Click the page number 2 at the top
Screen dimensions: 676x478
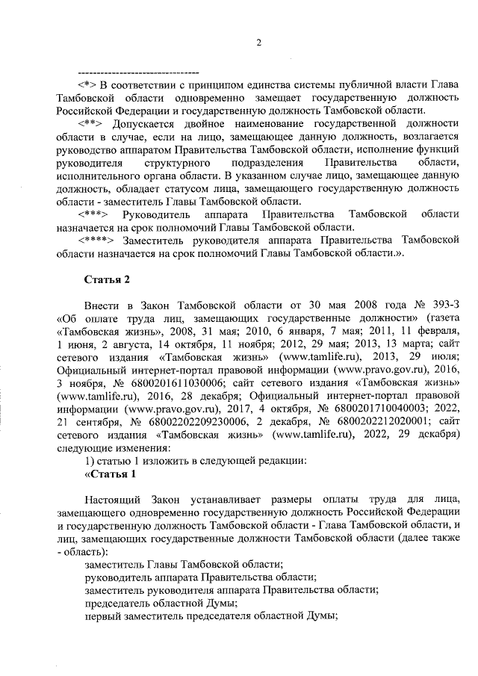point(258,42)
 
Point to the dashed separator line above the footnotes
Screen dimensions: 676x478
point(138,72)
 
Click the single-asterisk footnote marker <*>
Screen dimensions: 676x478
point(90,86)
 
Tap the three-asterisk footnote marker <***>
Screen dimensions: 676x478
point(95,214)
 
